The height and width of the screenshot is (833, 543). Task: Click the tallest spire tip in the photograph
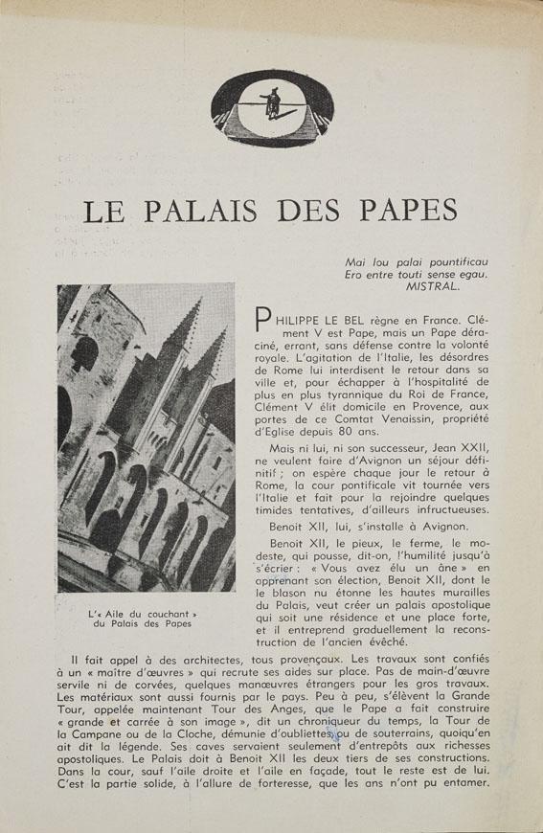[x=195, y=301]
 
